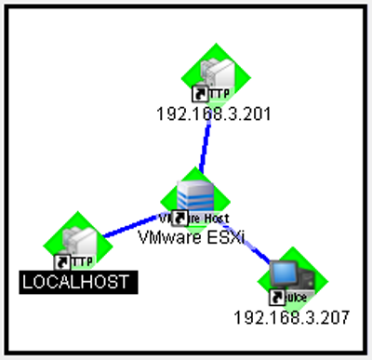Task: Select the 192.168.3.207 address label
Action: click(x=291, y=316)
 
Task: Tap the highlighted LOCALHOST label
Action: click(x=78, y=280)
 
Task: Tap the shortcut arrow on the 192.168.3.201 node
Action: click(x=197, y=93)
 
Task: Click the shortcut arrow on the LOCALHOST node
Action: click(x=62, y=261)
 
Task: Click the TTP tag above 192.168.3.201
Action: click(x=216, y=94)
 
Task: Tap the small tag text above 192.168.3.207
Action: click(x=297, y=298)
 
